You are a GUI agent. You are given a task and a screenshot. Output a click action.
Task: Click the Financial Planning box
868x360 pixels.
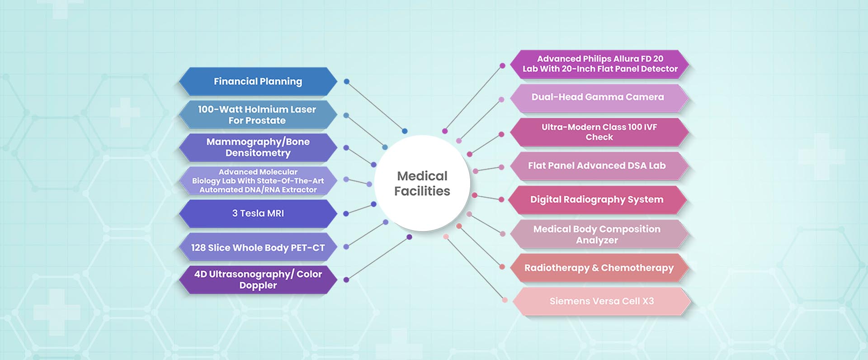pos(258,81)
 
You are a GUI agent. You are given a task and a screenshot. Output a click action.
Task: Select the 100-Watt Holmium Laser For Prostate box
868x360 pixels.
pos(258,115)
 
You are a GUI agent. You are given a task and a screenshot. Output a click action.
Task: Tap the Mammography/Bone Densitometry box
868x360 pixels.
pos(258,147)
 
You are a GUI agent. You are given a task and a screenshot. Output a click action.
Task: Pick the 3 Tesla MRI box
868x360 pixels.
pos(258,213)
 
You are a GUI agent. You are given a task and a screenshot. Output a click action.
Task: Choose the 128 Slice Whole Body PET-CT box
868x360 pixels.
pos(258,247)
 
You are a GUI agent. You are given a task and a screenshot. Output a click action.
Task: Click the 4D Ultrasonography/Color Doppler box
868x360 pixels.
pos(258,279)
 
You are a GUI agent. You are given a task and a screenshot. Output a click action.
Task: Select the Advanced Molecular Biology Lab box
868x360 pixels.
pos(258,181)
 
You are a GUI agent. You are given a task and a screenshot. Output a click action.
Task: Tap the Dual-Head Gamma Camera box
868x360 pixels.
pos(598,97)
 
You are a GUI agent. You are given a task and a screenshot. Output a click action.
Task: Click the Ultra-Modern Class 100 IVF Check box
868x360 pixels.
pos(599,132)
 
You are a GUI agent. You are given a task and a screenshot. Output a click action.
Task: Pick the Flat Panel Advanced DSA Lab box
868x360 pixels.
pos(597,166)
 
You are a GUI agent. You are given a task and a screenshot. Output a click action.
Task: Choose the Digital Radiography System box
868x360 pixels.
pos(597,199)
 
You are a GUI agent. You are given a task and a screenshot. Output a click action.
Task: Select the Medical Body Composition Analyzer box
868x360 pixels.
pos(597,234)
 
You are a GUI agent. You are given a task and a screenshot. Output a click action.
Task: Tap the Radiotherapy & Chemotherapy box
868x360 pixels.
pos(599,268)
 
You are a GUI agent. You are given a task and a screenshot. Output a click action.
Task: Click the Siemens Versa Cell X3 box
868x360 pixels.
pos(601,301)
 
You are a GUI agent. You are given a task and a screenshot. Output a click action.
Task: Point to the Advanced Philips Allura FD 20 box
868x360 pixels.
pos(600,64)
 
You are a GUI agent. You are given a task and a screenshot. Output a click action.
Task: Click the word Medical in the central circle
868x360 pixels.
pos(422,176)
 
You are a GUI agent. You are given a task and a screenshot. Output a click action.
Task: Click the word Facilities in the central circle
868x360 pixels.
pos(422,191)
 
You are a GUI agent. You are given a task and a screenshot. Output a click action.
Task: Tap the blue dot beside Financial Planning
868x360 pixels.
pos(346,81)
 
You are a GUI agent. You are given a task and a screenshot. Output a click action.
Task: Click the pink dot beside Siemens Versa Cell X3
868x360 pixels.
pos(505,300)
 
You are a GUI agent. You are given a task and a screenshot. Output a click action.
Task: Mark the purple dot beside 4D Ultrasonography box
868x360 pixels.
pos(346,279)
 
